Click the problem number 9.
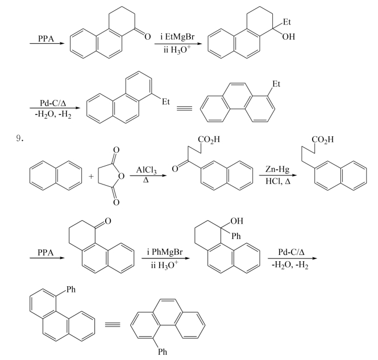point(19,139)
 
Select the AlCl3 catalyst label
point(146,170)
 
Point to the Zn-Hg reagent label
point(277,169)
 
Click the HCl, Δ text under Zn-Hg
point(278,181)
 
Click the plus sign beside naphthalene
point(91,177)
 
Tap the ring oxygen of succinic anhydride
point(121,177)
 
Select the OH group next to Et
point(288,36)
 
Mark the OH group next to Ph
point(236,221)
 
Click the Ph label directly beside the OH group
point(236,236)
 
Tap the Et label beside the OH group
point(286,22)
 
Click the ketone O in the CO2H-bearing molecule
point(175,169)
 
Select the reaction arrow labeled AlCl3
point(148,175)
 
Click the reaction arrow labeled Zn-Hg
point(278,175)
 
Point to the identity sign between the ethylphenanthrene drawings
point(184,108)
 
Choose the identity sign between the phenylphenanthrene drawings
point(113,324)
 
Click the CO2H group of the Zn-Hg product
point(322,140)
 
